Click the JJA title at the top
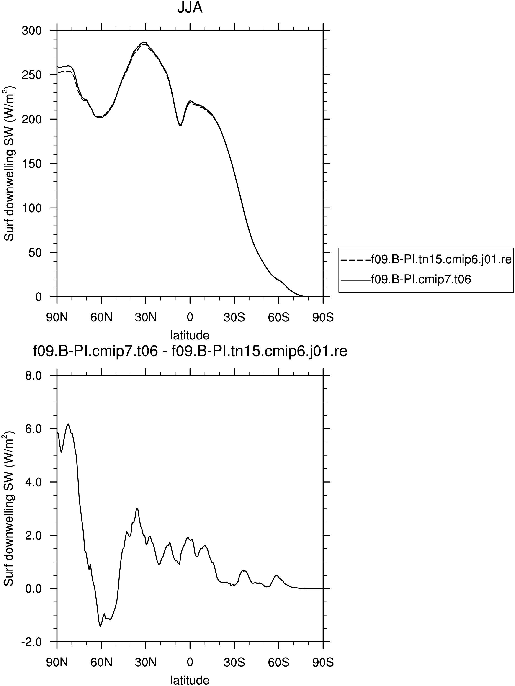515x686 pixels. (x=190, y=8)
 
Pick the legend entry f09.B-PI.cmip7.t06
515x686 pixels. (x=406, y=279)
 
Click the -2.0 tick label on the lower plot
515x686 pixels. (x=31, y=642)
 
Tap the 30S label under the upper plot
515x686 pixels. (x=234, y=318)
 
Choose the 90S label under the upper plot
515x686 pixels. (x=323, y=318)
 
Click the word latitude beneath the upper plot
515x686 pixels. (x=190, y=335)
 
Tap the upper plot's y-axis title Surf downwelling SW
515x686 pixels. (x=9, y=163)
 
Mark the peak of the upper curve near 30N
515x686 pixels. (x=144, y=42)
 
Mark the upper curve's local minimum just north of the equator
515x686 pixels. (x=180, y=126)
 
